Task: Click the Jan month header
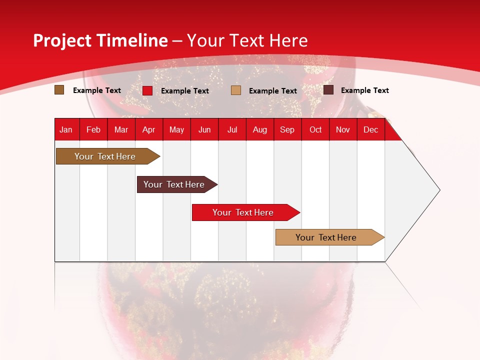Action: click(66, 130)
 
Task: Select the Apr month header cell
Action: click(149, 130)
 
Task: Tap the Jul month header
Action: click(232, 130)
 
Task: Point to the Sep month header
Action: click(287, 130)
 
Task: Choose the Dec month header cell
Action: click(370, 130)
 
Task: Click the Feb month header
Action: click(93, 130)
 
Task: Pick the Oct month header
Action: click(315, 130)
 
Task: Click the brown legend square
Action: click(59, 90)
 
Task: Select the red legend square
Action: click(147, 90)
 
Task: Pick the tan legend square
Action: click(236, 90)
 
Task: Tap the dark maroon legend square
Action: click(328, 90)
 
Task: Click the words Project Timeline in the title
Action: click(100, 40)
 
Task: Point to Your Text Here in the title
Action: click(247, 40)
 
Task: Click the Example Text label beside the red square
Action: click(185, 91)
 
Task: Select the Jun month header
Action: click(204, 130)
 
